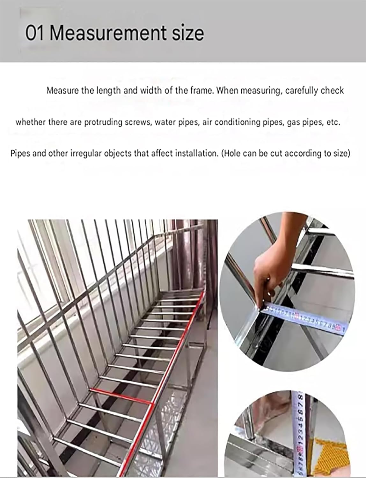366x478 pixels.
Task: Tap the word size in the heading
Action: [188, 33]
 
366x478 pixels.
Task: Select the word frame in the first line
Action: [202, 91]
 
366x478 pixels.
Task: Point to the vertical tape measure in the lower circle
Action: [300, 433]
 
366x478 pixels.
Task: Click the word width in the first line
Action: [151, 91]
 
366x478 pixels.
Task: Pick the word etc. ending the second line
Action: [333, 122]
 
